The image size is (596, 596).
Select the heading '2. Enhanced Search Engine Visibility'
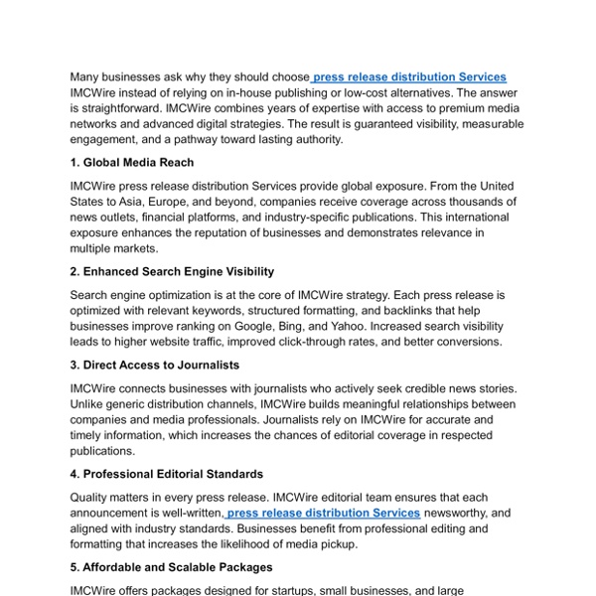pos(172,271)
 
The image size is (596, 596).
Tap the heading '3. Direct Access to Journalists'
pos(155,365)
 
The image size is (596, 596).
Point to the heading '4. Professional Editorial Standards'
pos(166,474)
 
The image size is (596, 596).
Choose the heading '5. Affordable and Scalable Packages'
pos(171,567)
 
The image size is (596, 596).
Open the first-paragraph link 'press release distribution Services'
pos(409,76)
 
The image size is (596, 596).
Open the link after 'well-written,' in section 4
pos(324,513)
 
